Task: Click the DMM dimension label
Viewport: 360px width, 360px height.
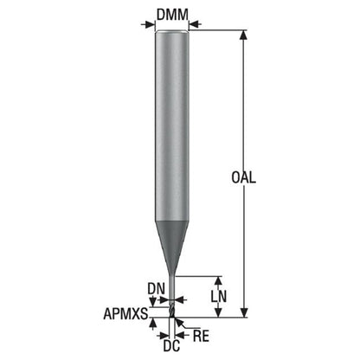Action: (172, 15)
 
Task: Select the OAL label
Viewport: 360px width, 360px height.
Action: (243, 177)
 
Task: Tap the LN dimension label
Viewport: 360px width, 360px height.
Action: (219, 296)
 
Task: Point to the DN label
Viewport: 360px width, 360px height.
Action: (156, 289)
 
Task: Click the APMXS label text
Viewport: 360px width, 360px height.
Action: (125, 313)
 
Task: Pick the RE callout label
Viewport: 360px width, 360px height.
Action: (201, 336)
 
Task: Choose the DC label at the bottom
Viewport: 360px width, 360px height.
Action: (171, 345)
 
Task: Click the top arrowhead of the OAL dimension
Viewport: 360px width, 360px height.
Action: (244, 35)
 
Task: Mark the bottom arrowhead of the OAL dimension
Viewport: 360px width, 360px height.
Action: (244, 312)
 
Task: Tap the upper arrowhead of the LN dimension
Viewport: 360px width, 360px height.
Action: (219, 281)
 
